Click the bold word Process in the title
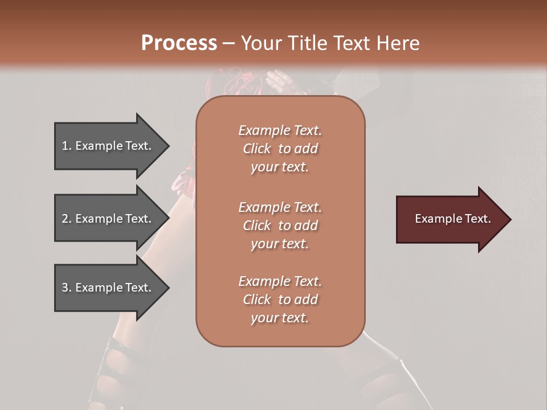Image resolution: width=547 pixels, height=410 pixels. [179, 43]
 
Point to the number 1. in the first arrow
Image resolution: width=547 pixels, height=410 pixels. [67, 146]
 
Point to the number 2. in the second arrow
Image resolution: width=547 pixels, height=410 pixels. [67, 219]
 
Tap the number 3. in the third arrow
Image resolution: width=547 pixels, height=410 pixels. [67, 288]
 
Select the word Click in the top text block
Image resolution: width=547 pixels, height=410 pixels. [257, 149]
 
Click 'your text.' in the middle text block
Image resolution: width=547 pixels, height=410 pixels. [280, 244]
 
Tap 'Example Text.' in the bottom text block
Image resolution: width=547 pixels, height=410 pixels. [280, 281]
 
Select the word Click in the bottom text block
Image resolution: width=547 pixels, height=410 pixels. [257, 300]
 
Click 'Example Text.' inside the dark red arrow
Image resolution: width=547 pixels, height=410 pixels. [453, 219]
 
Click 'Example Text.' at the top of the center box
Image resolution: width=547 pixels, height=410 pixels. [280, 130]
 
